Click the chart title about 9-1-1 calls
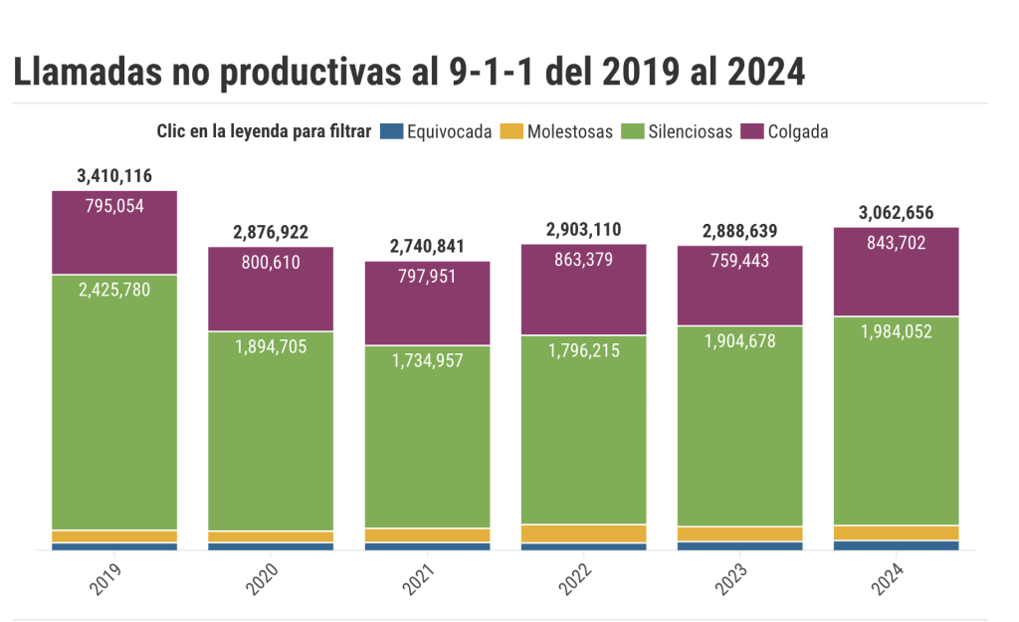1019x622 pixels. point(409,73)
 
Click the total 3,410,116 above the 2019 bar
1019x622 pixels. point(114,176)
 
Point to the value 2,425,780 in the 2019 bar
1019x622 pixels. point(114,292)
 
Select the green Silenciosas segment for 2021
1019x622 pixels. point(427,438)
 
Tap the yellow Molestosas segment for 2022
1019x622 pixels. point(583,533)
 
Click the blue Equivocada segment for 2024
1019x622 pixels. point(896,545)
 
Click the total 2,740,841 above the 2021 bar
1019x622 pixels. point(427,247)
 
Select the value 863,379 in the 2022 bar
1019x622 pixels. point(583,260)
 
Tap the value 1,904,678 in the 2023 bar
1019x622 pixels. point(739,341)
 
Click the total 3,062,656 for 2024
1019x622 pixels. point(896,213)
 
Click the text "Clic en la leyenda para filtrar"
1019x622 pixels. point(264,131)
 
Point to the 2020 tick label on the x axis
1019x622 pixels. point(264,580)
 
